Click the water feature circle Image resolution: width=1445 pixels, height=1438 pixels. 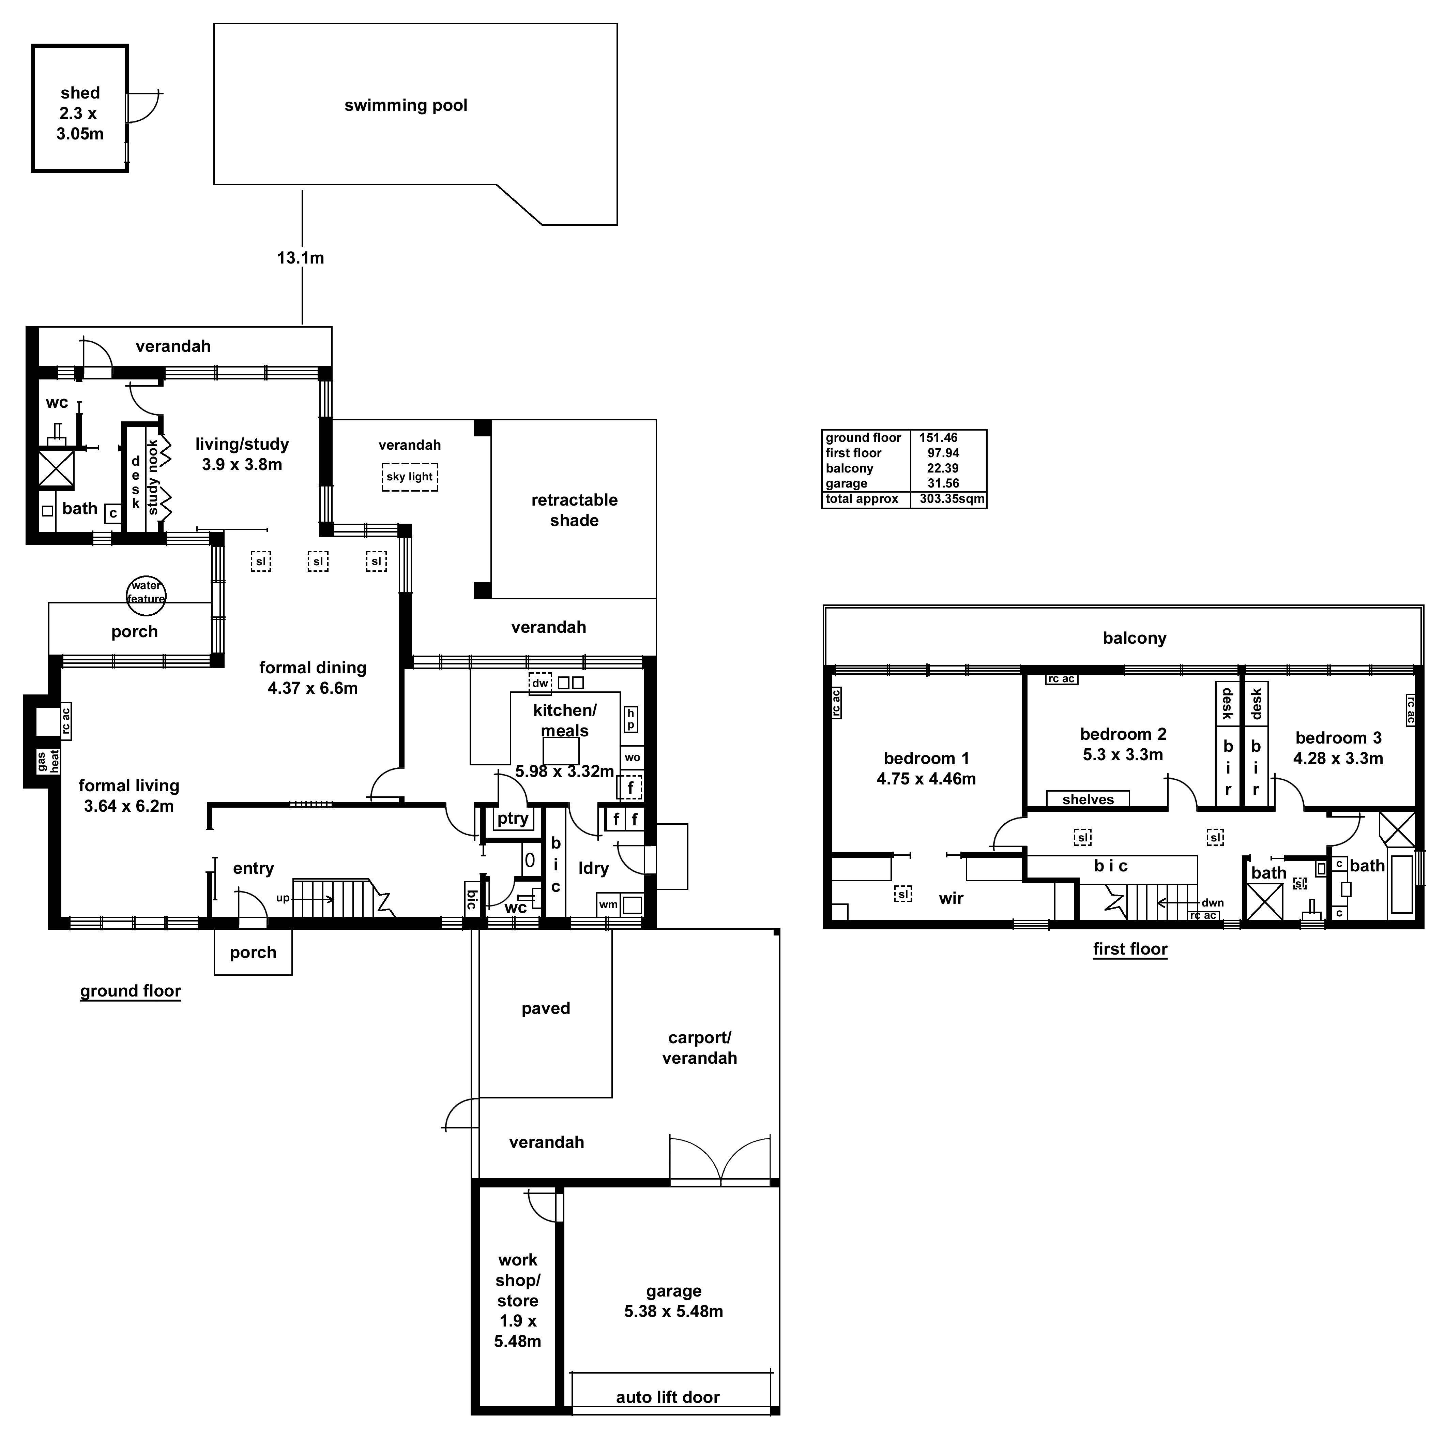coord(146,593)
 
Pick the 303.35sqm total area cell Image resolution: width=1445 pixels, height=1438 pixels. coord(952,499)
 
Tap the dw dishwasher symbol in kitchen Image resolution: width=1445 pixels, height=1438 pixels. coord(540,683)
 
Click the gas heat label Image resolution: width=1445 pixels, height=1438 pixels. coord(48,762)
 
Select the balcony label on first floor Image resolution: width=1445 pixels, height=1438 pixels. coord(1134,638)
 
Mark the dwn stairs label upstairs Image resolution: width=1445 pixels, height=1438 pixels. coord(1212,903)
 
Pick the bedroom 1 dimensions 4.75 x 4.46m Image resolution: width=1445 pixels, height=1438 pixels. coord(926,779)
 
